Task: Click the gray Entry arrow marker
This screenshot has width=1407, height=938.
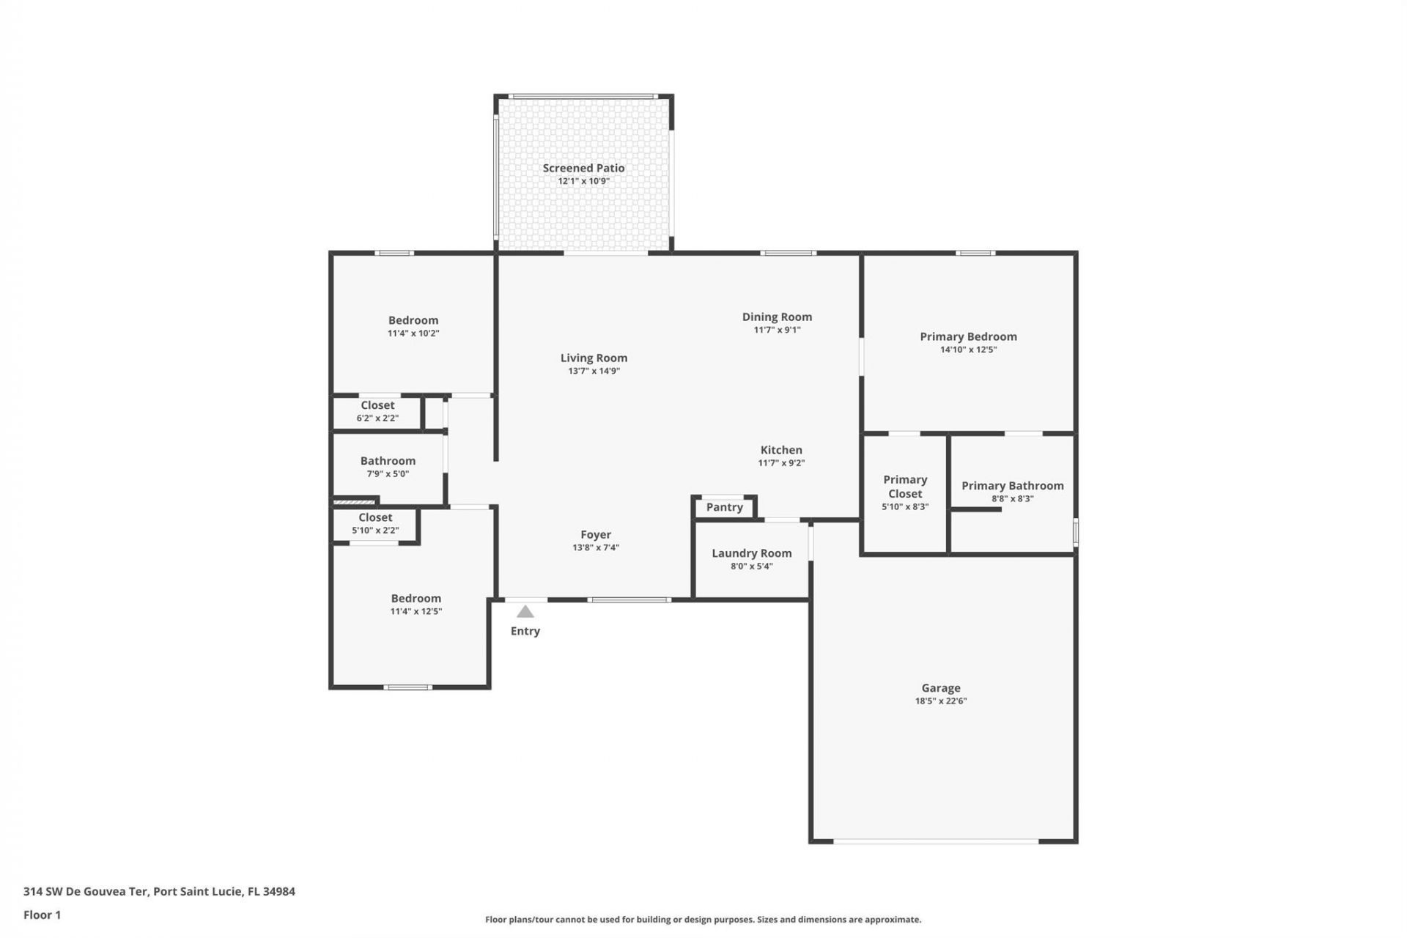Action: (x=525, y=612)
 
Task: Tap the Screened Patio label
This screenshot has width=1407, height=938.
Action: (x=583, y=168)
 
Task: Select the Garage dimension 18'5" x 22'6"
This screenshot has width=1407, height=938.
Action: (x=940, y=701)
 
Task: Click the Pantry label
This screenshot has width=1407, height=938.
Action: (x=724, y=507)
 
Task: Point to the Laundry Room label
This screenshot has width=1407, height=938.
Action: (x=751, y=553)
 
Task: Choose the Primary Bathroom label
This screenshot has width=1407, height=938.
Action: (x=1012, y=486)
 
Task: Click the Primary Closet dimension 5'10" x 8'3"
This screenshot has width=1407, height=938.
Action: (x=905, y=507)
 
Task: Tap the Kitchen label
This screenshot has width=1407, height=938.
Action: (x=781, y=450)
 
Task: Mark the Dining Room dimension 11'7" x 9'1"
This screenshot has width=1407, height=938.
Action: (x=777, y=330)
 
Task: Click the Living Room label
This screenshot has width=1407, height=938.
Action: (x=594, y=358)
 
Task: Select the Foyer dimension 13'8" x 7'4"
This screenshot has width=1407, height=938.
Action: (x=596, y=548)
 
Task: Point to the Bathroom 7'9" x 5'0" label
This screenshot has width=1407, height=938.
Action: (x=388, y=461)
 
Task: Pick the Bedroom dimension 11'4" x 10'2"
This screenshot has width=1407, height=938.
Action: (x=413, y=333)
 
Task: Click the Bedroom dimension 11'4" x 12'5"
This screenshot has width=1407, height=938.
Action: (x=416, y=612)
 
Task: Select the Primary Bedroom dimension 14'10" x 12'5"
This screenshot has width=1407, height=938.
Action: (x=968, y=350)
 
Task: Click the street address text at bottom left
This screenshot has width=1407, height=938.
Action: (x=159, y=892)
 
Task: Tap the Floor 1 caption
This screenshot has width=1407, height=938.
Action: (x=42, y=915)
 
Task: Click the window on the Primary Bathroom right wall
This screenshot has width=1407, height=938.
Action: (x=1075, y=532)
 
